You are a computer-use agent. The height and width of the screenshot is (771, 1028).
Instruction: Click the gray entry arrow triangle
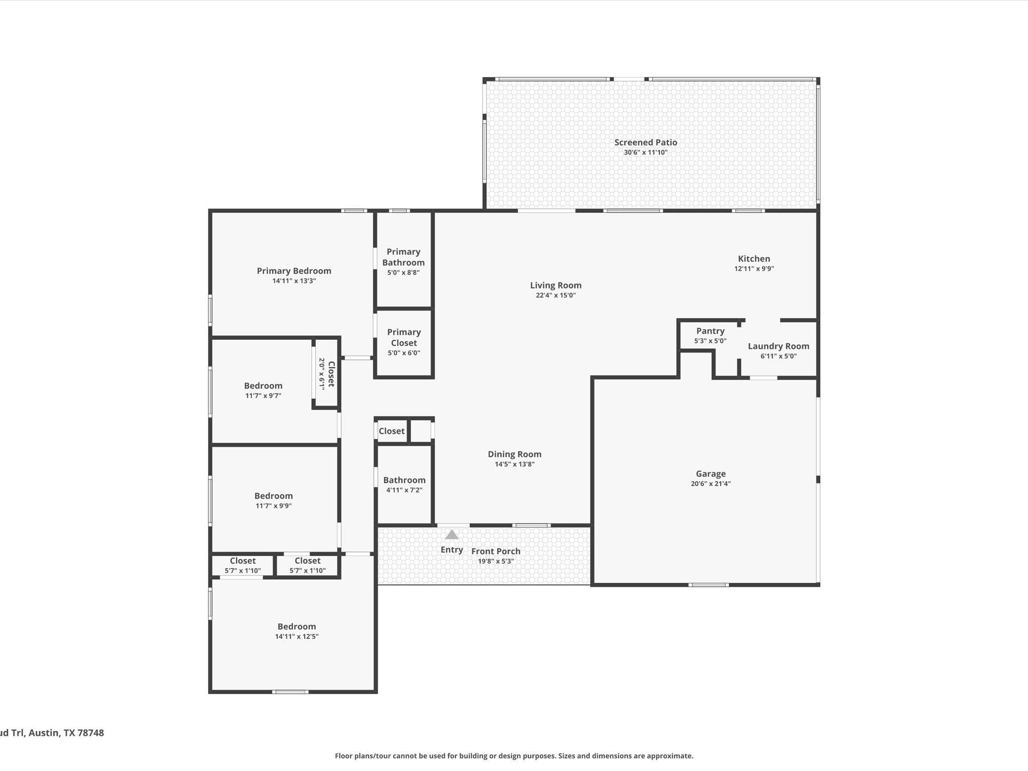[x=452, y=535]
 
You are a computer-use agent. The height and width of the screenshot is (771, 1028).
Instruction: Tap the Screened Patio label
[x=646, y=143]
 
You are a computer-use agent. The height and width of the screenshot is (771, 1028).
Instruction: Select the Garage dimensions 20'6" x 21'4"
[x=710, y=484]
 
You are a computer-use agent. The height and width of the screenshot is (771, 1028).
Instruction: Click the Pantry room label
[x=710, y=331]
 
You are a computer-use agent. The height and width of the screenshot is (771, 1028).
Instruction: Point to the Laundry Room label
[x=778, y=346]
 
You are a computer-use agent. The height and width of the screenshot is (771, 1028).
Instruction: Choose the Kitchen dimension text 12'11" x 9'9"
[x=754, y=269]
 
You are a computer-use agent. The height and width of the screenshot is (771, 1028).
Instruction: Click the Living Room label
[x=556, y=286]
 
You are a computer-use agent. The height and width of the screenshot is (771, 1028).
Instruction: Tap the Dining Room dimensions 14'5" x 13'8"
[x=515, y=464]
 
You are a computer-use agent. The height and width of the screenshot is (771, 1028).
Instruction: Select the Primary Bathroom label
[x=404, y=257]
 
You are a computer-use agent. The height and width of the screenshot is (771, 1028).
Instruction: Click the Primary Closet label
[x=404, y=337]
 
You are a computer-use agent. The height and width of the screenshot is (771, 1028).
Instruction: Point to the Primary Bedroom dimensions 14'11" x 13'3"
[x=294, y=281]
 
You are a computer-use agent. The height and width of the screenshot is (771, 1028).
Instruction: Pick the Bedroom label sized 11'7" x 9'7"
[x=263, y=386]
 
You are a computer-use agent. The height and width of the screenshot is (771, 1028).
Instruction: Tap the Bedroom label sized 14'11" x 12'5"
[x=297, y=626]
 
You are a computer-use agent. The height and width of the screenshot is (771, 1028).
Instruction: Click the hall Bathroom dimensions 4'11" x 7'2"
[x=404, y=490]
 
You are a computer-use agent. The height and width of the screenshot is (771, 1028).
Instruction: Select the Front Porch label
[x=495, y=551]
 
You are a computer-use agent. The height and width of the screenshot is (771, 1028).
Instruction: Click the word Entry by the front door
[x=452, y=550]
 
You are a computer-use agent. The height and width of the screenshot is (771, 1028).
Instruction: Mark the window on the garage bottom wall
[x=708, y=585]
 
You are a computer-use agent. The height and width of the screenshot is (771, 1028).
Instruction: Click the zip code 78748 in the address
[x=90, y=732]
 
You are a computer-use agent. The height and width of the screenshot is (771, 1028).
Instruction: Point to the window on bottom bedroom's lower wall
[x=290, y=692]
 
